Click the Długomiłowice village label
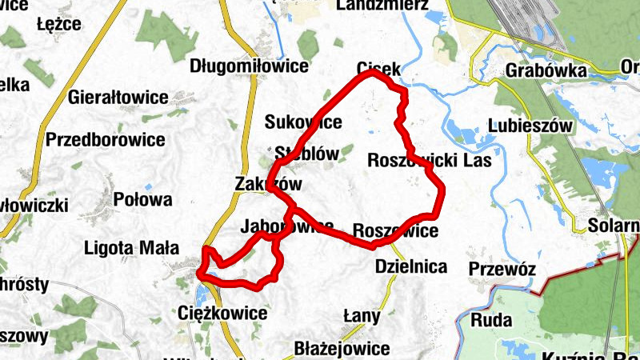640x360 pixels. click(249, 66)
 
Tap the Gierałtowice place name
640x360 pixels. click(118, 98)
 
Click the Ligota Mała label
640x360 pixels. click(131, 248)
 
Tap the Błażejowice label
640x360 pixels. click(342, 349)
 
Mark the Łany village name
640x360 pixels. click(362, 316)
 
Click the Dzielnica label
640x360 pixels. click(410, 267)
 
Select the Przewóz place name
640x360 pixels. click(502, 269)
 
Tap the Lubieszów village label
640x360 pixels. click(530, 126)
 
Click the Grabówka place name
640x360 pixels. click(546, 70)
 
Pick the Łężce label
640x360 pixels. click(59, 24)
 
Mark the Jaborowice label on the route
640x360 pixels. click(286, 226)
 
